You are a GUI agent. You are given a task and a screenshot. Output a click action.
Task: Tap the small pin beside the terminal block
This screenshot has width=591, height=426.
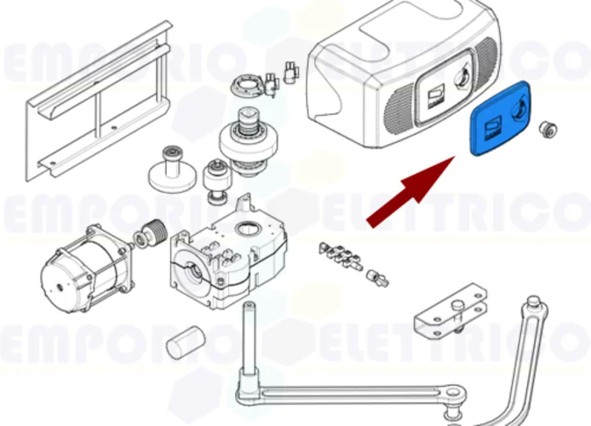click(377, 275)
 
